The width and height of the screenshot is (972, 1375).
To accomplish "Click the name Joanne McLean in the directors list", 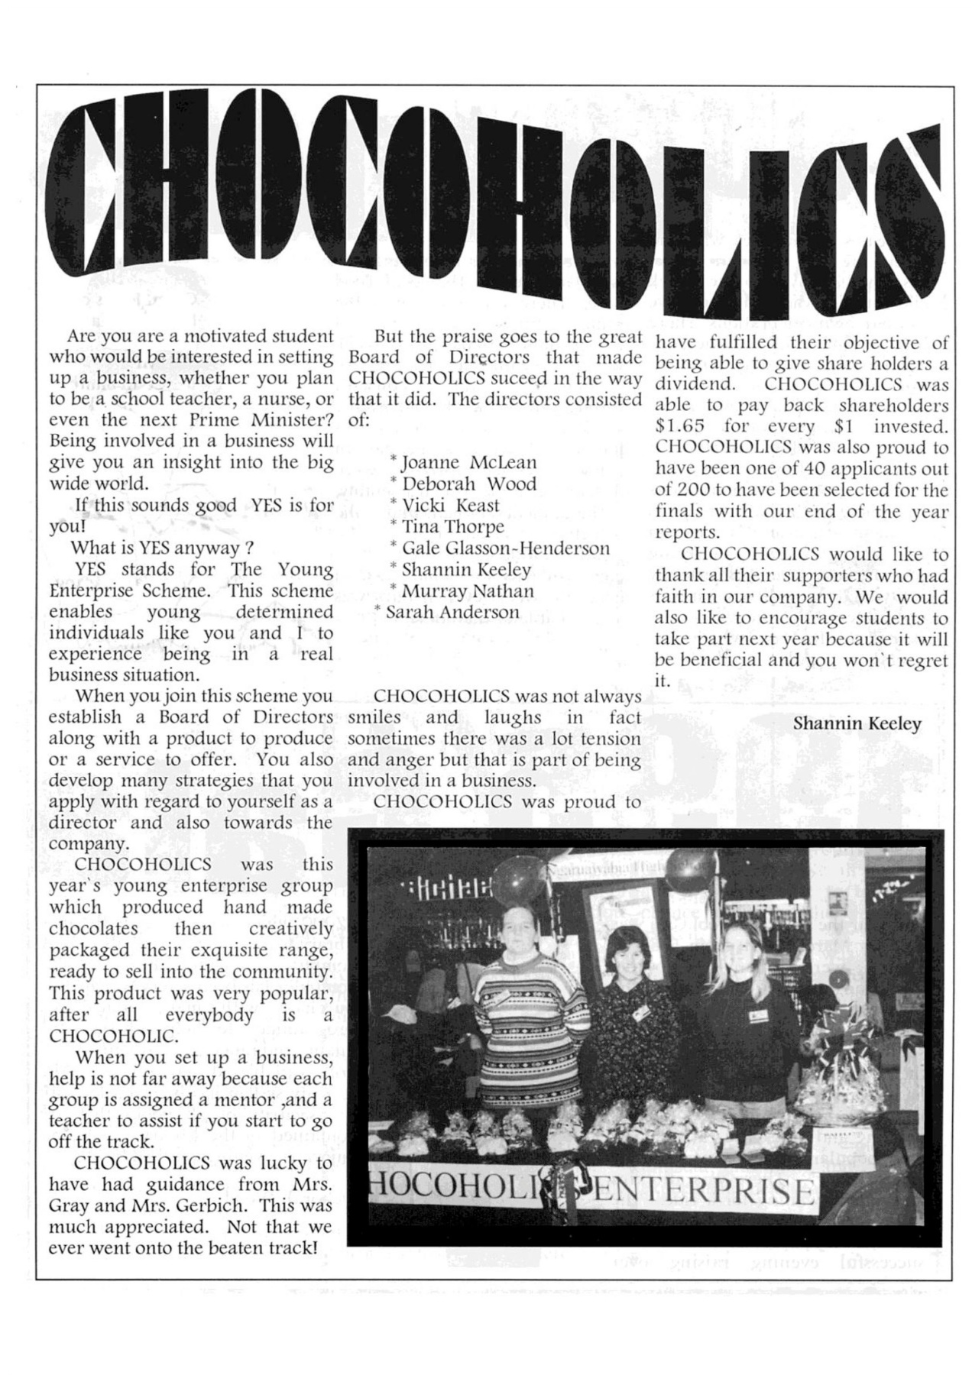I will (x=468, y=463).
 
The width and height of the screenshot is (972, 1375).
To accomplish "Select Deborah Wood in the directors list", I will (x=468, y=484).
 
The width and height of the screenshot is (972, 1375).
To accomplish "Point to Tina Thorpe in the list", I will (x=452, y=527).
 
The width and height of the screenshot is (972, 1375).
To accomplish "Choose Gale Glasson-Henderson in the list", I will (x=505, y=548).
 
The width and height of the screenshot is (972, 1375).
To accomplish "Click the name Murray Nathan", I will (x=468, y=591).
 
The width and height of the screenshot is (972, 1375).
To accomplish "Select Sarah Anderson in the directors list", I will (x=452, y=613).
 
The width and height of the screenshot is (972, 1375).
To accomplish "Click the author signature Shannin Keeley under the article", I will (x=857, y=723).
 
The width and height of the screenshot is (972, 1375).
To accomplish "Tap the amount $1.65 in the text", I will (x=679, y=427).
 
